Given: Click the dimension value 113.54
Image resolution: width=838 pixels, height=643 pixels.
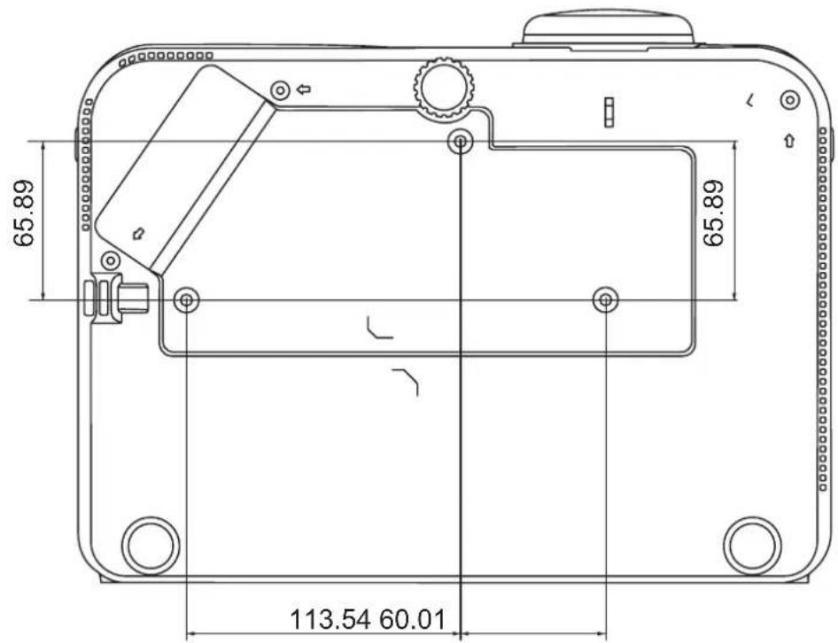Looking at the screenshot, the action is pos(330,619).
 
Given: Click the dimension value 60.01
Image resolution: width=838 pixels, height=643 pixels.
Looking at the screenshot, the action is pos(412,619).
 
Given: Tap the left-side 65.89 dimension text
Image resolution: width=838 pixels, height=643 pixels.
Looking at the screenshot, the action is pos(24,213).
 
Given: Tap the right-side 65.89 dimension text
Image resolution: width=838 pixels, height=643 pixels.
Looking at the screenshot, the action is pos(713,213).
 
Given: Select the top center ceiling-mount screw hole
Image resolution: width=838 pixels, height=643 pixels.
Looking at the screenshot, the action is pos(460,142).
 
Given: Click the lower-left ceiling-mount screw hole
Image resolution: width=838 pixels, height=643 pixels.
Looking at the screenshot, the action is pos(187,300).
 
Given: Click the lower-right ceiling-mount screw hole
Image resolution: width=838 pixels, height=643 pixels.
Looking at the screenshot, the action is pos(606,300).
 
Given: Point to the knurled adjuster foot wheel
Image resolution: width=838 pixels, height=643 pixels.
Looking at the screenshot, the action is pos(443,89).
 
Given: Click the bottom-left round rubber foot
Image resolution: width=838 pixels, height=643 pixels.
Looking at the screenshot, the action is pos(151,546).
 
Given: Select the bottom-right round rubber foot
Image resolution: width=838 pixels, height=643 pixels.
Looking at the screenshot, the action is pos(752,546).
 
